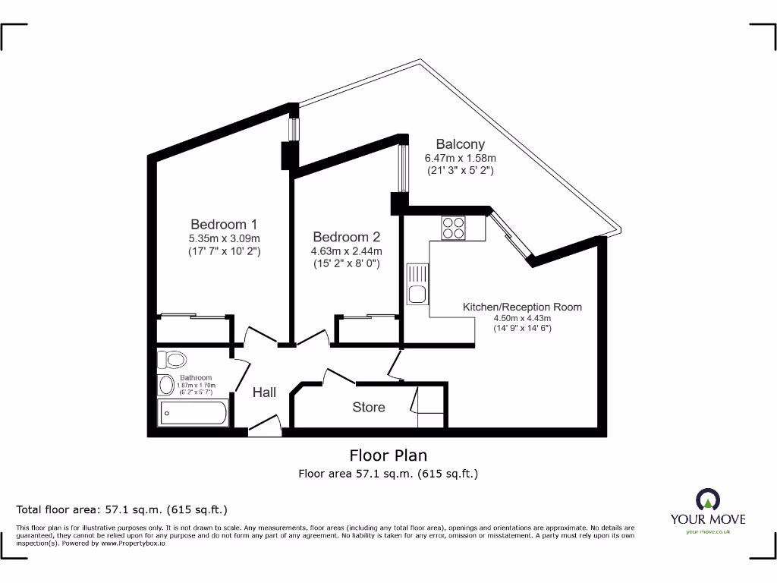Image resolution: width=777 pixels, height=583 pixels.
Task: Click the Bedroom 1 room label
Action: click(x=224, y=224)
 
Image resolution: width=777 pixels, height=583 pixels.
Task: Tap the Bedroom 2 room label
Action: click(x=346, y=237)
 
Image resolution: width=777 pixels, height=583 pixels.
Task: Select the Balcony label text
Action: click(x=460, y=143)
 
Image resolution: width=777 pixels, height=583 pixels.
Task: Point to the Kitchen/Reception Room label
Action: click(x=522, y=307)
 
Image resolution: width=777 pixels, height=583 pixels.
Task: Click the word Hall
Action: click(x=264, y=392)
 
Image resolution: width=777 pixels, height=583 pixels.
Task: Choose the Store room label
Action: click(x=369, y=408)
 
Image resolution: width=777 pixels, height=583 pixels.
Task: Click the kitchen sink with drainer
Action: click(x=417, y=284)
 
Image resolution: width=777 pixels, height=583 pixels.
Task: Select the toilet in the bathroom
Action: click(x=174, y=358)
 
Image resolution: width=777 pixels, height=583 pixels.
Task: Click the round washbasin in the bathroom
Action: click(x=166, y=385)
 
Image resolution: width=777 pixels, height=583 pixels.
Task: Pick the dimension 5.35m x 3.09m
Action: click(x=224, y=238)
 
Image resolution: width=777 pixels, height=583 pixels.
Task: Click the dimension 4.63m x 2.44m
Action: click(x=346, y=251)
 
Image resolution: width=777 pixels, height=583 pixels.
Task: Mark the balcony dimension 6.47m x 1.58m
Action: click(x=460, y=158)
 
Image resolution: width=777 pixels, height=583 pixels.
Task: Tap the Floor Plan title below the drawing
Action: click(x=388, y=455)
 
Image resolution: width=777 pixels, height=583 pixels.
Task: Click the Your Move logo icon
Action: click(x=707, y=500)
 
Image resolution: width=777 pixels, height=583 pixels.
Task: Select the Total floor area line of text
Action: click(x=121, y=509)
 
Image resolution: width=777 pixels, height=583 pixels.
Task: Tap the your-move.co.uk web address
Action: click(x=707, y=532)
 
